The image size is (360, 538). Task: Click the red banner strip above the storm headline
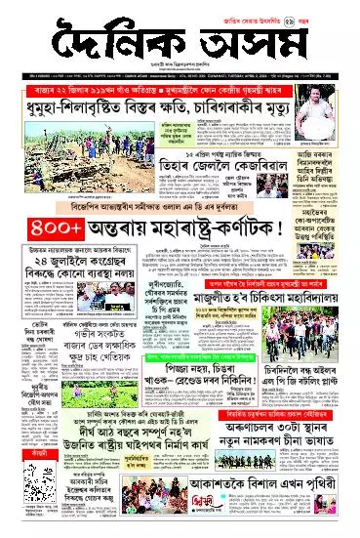click(x=180, y=88)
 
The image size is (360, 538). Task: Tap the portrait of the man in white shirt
click(x=327, y=119)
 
